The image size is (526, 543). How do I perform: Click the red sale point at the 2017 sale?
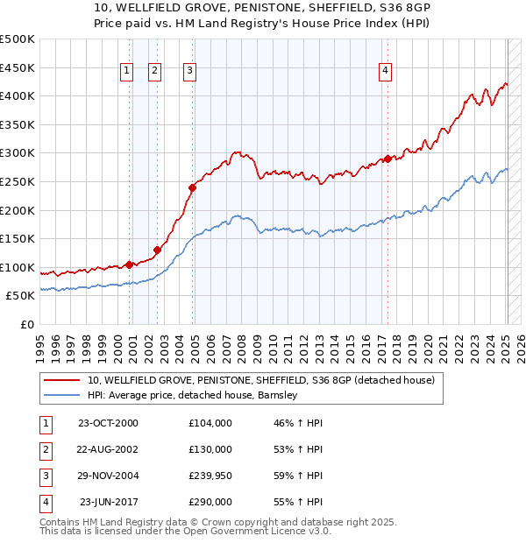point(387,159)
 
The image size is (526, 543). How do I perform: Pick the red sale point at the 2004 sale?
point(193,187)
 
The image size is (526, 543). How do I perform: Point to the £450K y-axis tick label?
point(18,67)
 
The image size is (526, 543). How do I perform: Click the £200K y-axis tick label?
point(18,210)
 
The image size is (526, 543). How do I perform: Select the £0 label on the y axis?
point(26,325)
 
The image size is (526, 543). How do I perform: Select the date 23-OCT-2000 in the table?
point(108,423)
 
